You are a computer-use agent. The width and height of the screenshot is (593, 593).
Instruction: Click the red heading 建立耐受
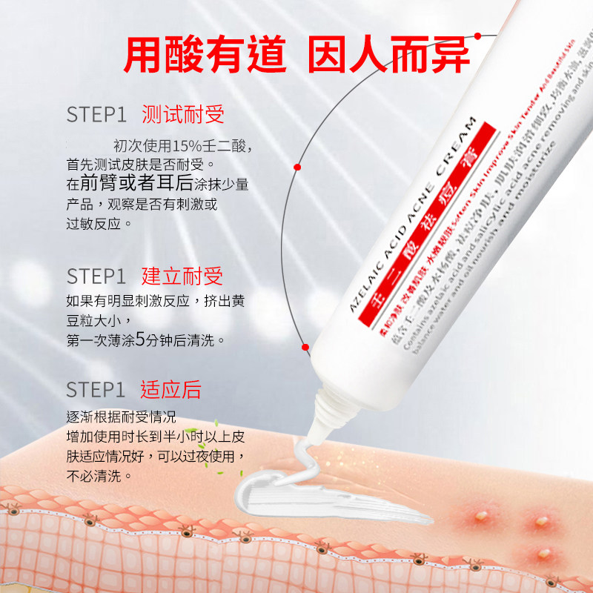coord(182,276)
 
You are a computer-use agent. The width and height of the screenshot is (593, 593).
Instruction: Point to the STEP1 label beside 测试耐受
coord(96,115)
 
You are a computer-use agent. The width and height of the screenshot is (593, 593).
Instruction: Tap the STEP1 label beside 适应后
coord(96,390)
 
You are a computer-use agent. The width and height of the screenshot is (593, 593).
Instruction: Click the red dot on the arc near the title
coord(478,36)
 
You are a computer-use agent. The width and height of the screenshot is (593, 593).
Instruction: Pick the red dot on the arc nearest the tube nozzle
coord(305,346)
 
